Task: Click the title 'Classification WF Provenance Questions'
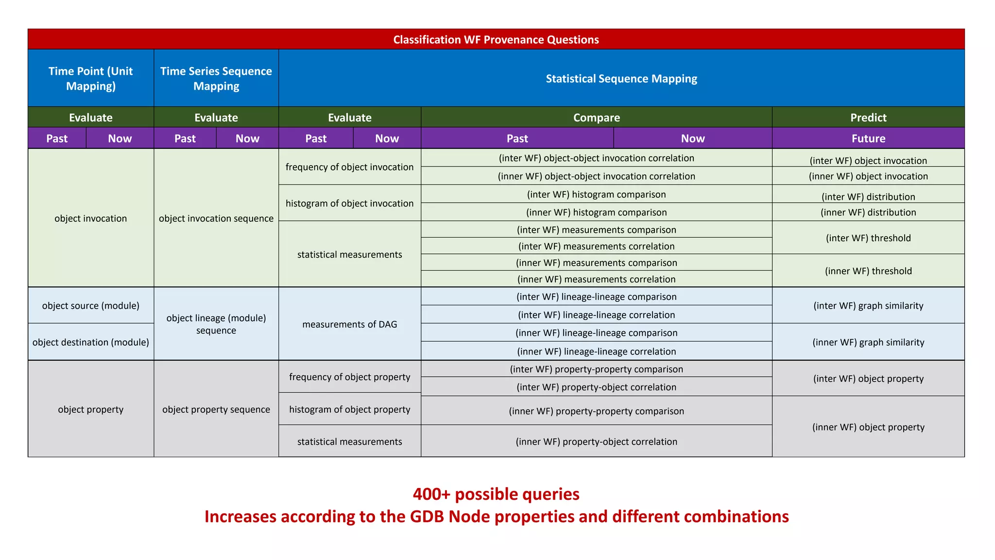pyautogui.click(x=496, y=39)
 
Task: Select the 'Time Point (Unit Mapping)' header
pyautogui.click(x=91, y=78)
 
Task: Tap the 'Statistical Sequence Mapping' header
pyautogui.click(x=621, y=78)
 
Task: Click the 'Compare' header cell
pyautogui.click(x=596, y=118)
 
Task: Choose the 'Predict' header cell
pyautogui.click(x=868, y=118)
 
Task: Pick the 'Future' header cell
pyautogui.click(x=868, y=139)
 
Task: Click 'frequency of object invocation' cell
pyautogui.click(x=349, y=167)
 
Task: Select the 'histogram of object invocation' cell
pyautogui.click(x=349, y=203)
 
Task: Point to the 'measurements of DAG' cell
pyautogui.click(x=349, y=324)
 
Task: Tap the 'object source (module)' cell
pyautogui.click(x=91, y=306)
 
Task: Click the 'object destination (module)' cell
pyautogui.click(x=91, y=342)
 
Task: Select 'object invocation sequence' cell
pyautogui.click(x=216, y=218)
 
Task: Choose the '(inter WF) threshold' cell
pyautogui.click(x=868, y=238)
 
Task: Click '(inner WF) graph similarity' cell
pyautogui.click(x=868, y=342)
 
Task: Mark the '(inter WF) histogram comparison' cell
pyautogui.click(x=596, y=194)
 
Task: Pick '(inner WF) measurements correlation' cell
pyautogui.click(x=596, y=280)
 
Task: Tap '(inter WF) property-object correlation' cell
pyautogui.click(x=596, y=387)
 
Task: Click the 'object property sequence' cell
pyautogui.click(x=216, y=409)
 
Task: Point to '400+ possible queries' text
pyautogui.click(x=496, y=494)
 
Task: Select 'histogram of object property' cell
pyautogui.click(x=349, y=409)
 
